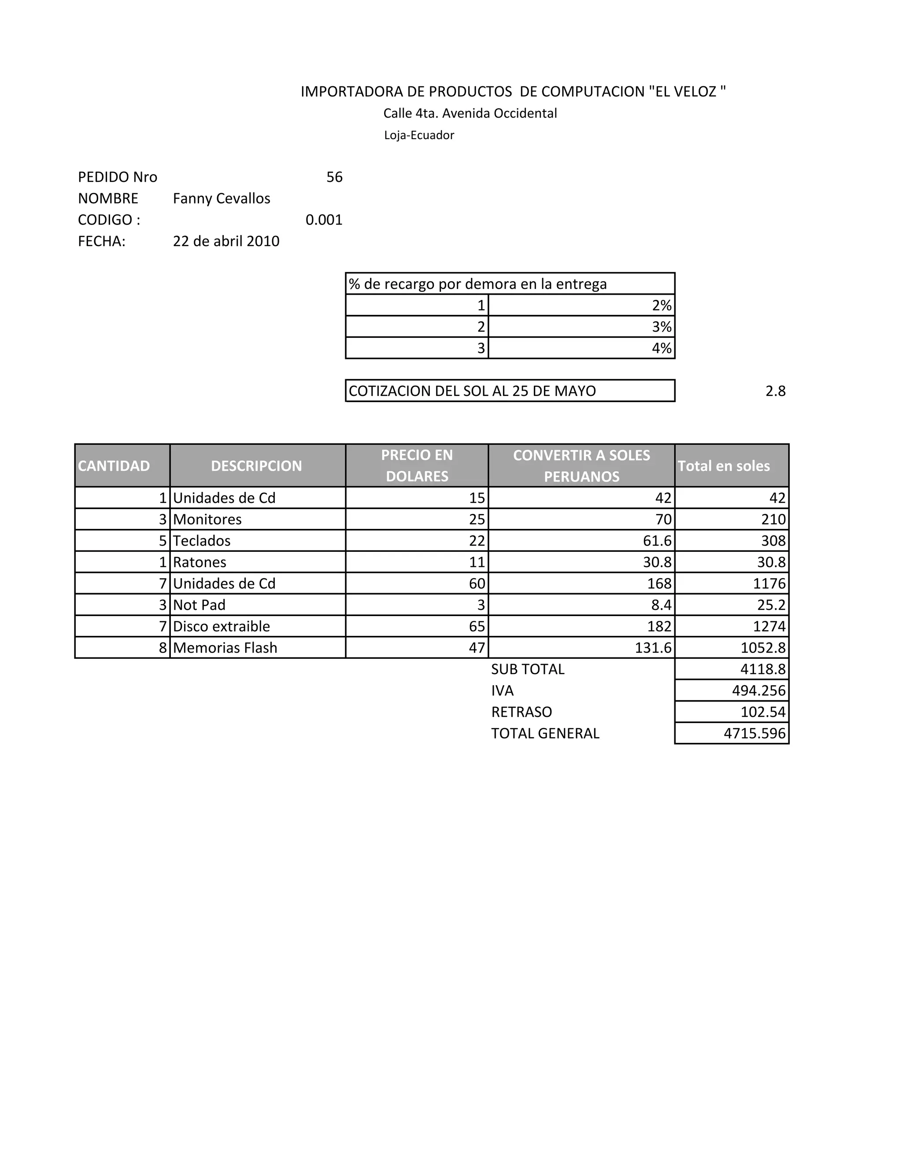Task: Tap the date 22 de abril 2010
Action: pos(226,241)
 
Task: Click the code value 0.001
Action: pos(324,220)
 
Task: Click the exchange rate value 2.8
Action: pos(775,391)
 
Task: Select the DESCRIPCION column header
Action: pos(256,466)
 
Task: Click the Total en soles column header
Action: pos(724,466)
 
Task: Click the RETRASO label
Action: pos(521,712)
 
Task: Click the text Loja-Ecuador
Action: pos(419,135)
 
